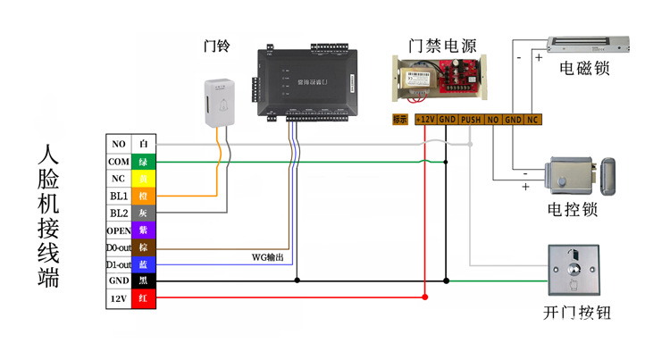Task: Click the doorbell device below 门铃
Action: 220,101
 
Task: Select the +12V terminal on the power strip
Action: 425,119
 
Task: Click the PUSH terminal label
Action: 471,119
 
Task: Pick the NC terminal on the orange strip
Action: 532,119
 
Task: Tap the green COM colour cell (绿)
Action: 143,161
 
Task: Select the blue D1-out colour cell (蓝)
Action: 143,264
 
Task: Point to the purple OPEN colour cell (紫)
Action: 143,230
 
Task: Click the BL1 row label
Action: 118,196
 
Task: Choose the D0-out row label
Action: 118,247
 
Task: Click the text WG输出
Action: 268,257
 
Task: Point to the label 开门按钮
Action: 577,314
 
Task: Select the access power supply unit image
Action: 441,81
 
